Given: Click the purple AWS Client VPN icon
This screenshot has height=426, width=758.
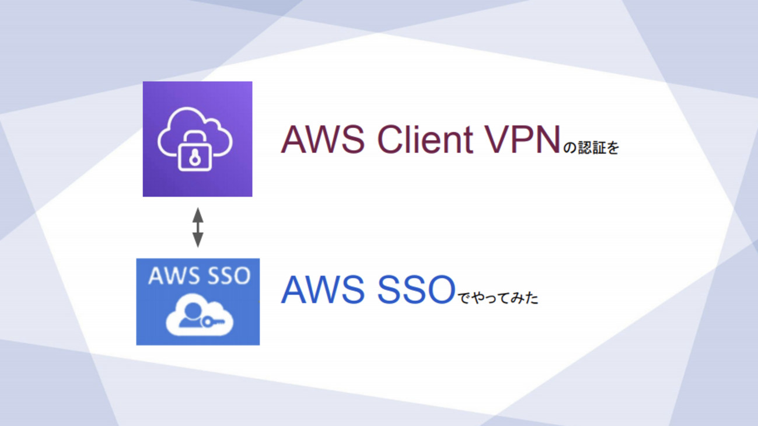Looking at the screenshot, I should (x=197, y=139).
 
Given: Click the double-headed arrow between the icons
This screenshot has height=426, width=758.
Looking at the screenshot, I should (x=198, y=227).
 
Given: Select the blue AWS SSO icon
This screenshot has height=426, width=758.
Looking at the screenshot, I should (x=198, y=302).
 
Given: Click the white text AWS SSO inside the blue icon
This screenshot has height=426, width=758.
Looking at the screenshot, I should (x=198, y=276).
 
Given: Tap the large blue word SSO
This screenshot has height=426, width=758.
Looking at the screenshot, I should (x=415, y=290).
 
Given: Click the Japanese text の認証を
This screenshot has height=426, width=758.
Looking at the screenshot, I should (x=591, y=148).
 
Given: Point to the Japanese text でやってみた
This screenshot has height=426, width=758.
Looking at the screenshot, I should (x=497, y=298).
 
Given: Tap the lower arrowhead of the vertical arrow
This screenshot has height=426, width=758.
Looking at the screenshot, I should (x=198, y=240).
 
